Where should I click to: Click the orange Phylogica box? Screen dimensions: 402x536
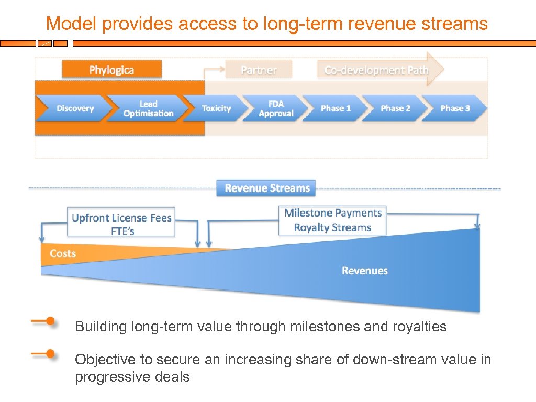111,70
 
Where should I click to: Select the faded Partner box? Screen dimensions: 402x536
259,70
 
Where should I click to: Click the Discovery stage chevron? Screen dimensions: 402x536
75,108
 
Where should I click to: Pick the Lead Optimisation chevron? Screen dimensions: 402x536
148,108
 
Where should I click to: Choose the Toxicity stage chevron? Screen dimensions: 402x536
216,108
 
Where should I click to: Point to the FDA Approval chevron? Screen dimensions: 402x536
276,108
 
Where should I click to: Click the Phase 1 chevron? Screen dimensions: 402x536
336,108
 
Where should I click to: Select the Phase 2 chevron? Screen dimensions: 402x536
395,108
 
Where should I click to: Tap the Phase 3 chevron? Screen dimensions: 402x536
455,108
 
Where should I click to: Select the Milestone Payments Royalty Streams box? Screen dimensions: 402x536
333,220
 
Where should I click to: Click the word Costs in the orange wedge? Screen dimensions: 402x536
63,254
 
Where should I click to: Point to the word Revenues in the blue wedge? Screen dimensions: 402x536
365,271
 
